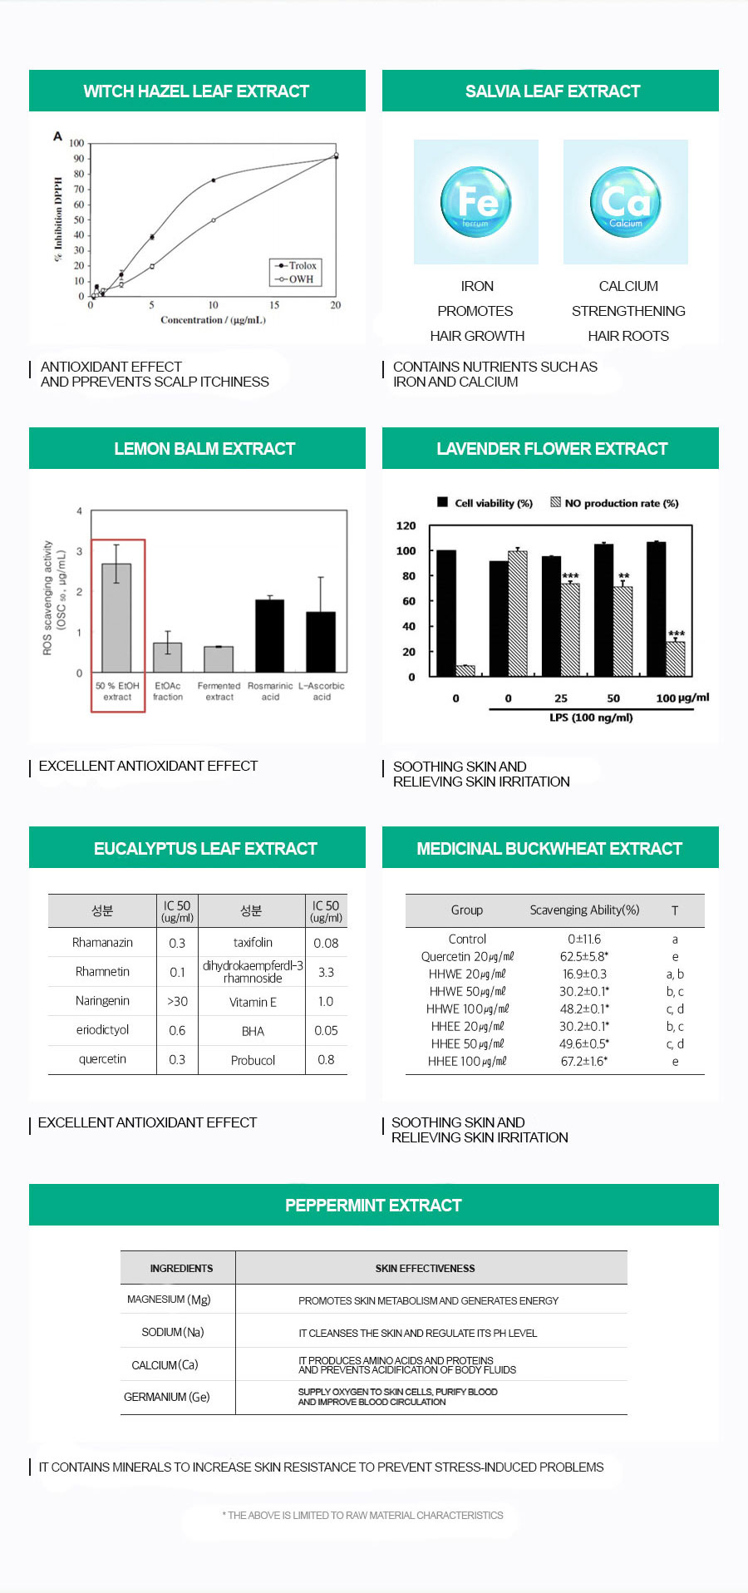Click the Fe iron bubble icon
coord(476,202)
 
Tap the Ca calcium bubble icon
coord(626,202)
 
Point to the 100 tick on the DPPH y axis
coord(76,143)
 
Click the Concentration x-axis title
coord(213,320)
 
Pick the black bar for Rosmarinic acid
coord(269,635)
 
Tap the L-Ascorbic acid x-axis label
coord(321,691)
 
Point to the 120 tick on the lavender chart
coord(406,525)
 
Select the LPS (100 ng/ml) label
coord(591,718)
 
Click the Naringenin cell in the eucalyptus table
coord(102,1001)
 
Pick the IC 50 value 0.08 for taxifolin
coord(326,943)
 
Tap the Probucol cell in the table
coord(253,1060)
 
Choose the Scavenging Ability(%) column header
coord(584,910)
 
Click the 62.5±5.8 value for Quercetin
coord(583,956)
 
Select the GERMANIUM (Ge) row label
coord(166,1397)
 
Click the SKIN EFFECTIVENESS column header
coord(425,1268)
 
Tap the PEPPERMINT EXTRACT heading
coord(373,1206)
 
